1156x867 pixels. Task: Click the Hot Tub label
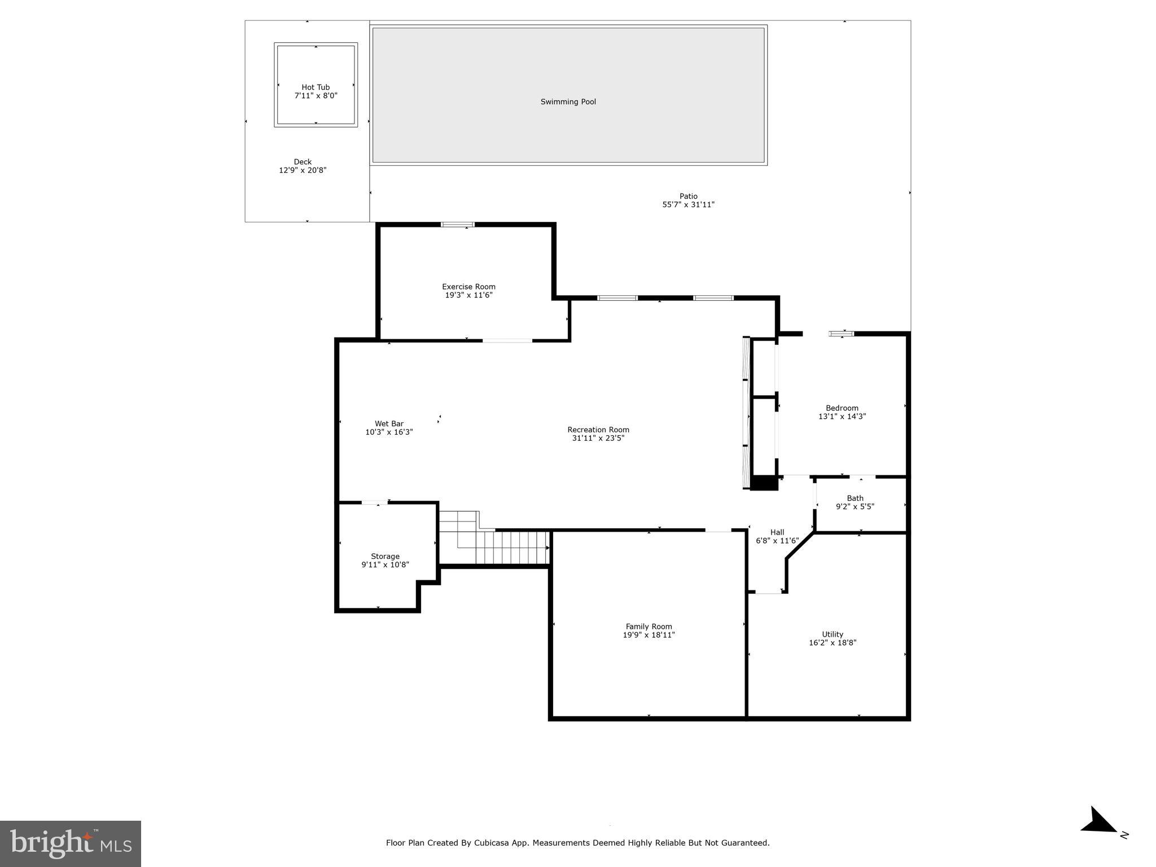click(316, 87)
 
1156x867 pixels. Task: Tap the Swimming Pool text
click(568, 102)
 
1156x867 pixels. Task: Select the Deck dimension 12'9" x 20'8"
click(303, 170)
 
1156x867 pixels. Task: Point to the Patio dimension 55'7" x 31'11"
click(688, 205)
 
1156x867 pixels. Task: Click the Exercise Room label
click(468, 287)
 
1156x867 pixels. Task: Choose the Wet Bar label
click(389, 424)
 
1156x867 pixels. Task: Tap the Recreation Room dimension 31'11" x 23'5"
click(598, 438)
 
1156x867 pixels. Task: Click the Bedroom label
click(842, 408)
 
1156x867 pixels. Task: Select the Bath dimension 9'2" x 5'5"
click(855, 507)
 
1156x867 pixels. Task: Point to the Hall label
click(777, 532)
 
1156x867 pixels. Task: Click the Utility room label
click(832, 634)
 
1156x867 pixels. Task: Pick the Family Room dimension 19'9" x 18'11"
click(649, 635)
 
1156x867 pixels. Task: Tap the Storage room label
click(385, 557)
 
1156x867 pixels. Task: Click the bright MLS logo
click(71, 843)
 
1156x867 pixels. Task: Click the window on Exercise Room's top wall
click(457, 225)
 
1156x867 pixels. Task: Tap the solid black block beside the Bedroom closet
click(765, 483)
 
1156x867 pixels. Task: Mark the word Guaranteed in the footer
click(746, 843)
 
